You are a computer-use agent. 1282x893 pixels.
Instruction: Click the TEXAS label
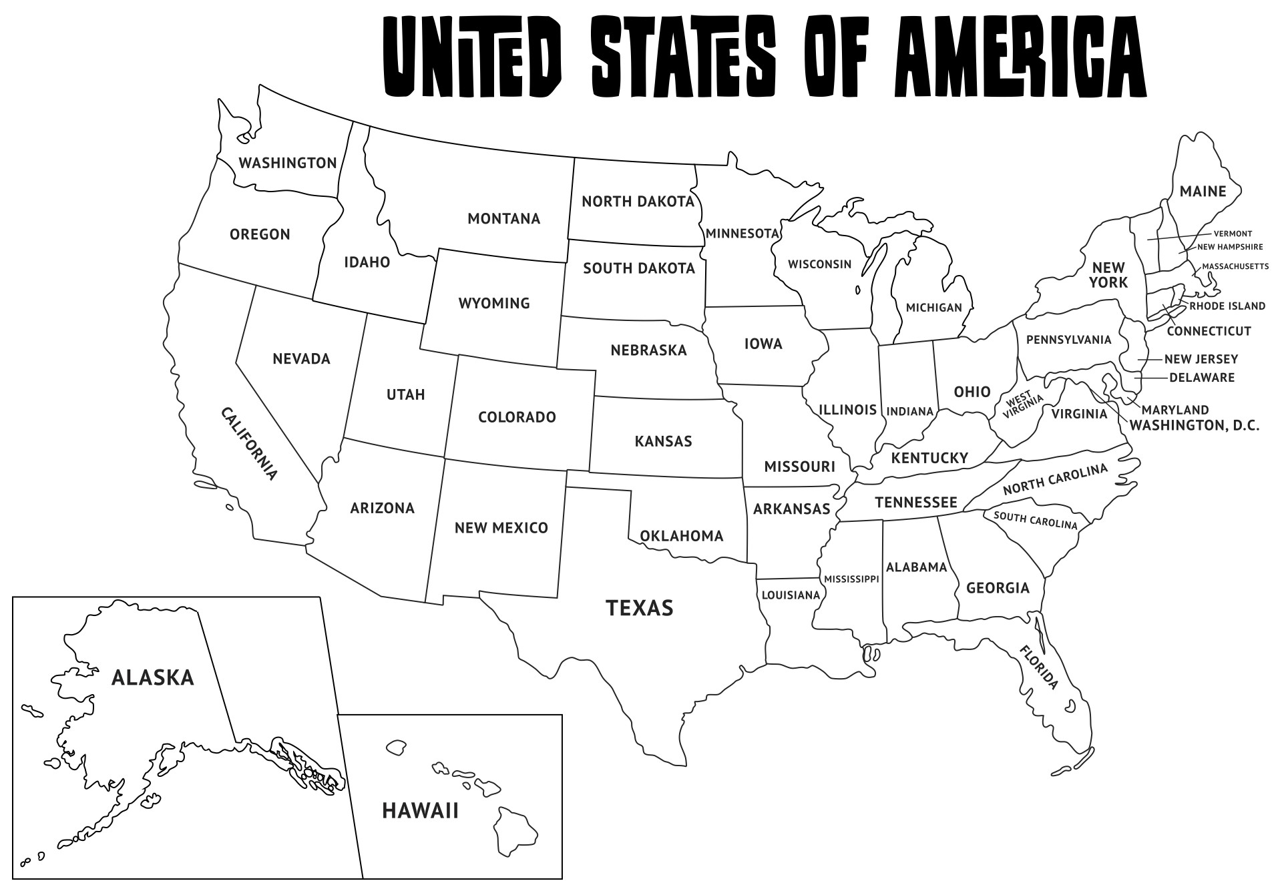click(639, 608)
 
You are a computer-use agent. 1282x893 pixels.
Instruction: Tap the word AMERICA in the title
click(1020, 56)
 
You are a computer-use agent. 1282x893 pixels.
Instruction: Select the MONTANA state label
click(503, 219)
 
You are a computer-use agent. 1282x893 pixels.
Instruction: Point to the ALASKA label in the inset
click(152, 677)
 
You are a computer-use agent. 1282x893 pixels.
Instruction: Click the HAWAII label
click(420, 811)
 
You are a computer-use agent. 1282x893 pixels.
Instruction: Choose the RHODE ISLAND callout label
click(1227, 306)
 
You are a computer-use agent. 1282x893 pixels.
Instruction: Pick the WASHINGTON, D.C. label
click(1194, 425)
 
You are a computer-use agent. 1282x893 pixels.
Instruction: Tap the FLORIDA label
click(1039, 667)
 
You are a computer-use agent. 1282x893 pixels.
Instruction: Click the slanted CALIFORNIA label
click(248, 444)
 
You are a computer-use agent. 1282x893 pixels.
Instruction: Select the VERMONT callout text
click(1233, 234)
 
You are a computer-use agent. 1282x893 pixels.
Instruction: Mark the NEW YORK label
click(1108, 275)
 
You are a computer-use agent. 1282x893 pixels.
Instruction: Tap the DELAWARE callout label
click(1201, 378)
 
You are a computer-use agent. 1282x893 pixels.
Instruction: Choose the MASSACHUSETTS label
click(1235, 266)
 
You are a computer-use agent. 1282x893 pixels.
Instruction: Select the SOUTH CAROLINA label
click(1035, 520)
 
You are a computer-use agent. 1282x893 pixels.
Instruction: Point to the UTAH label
click(405, 394)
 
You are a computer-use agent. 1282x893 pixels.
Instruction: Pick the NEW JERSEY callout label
click(1201, 359)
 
